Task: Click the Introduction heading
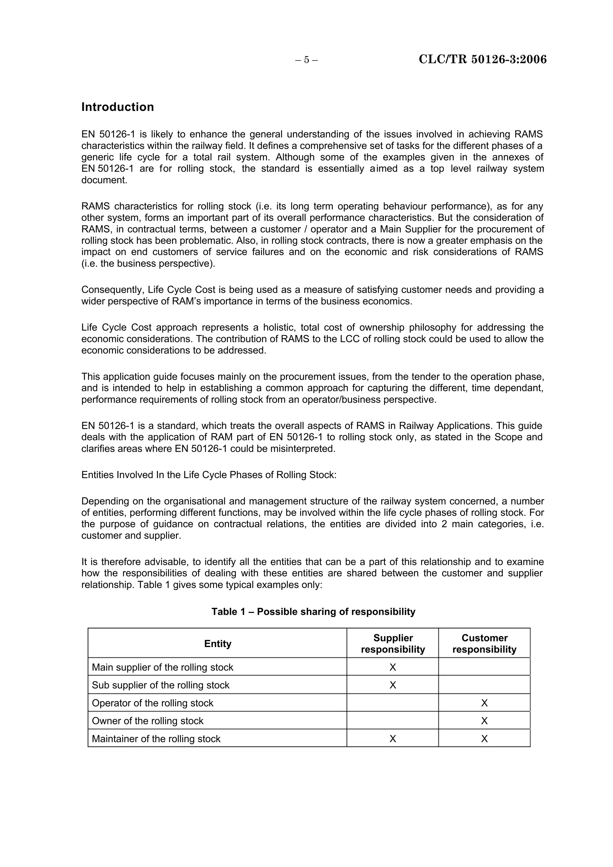117,107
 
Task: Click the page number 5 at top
306,60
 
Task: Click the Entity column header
218,644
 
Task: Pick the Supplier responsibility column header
393,644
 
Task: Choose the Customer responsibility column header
484,644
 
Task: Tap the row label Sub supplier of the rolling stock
160,685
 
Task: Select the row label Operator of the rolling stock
153,703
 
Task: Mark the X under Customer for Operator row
484,703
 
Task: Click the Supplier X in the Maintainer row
393,739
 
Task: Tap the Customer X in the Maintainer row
484,739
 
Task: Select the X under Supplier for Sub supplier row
393,685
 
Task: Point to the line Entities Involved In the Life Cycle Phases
209,475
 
